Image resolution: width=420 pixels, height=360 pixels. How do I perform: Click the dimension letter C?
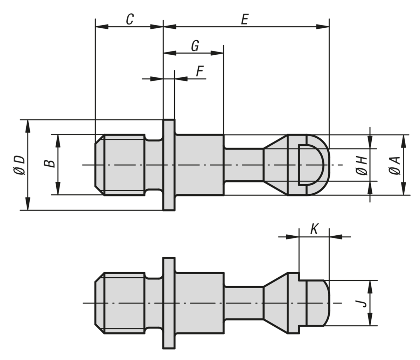click(129, 19)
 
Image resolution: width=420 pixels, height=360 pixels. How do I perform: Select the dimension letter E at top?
click(244, 19)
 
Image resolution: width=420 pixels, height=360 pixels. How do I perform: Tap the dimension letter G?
click(195, 46)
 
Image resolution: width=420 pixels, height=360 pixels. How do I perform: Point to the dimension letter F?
click(199, 71)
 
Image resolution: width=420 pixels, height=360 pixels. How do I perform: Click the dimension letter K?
click(314, 229)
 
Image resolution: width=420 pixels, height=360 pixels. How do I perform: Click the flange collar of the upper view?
click(169, 165)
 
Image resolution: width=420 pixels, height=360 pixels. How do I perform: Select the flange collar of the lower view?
click(169, 303)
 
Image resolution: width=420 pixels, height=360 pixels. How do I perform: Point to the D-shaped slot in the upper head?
click(311, 165)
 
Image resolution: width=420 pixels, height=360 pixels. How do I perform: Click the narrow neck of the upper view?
click(243, 165)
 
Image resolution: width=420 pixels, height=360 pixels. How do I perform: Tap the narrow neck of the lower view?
click(243, 303)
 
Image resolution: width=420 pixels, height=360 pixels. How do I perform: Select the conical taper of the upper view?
click(275, 165)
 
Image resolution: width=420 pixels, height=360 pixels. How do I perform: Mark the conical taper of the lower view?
click(275, 303)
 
